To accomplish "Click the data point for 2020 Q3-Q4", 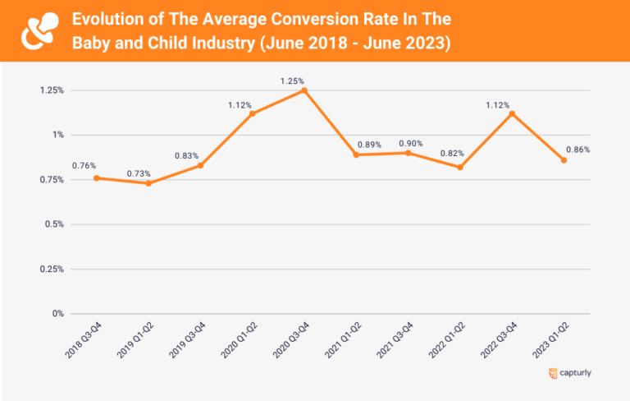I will (304, 90).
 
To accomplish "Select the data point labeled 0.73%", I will (148, 183).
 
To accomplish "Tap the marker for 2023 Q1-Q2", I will (564, 160).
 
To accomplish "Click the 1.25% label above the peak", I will (292, 81).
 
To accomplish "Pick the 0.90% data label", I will (411, 143).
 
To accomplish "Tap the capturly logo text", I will (574, 374).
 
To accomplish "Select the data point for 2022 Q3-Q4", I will (512, 113).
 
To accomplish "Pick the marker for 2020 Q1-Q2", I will (252, 113).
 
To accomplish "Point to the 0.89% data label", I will (370, 145).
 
